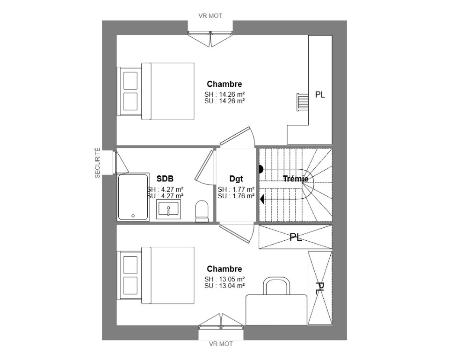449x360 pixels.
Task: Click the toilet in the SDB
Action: click(x=202, y=211)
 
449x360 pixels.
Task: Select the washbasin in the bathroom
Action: click(x=168, y=209)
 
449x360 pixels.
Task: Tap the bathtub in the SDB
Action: click(x=133, y=197)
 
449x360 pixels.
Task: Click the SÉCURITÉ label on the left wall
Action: click(x=97, y=163)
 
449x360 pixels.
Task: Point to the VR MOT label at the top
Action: click(x=210, y=16)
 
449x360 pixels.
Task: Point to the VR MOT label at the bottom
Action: click(x=221, y=344)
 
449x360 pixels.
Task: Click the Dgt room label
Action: click(x=236, y=179)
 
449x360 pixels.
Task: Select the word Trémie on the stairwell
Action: click(x=296, y=179)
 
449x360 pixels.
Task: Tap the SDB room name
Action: click(x=165, y=179)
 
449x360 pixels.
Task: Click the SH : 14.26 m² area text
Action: click(x=224, y=94)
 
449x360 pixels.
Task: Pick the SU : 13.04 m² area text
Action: click(x=224, y=286)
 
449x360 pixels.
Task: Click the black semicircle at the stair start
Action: click(x=261, y=169)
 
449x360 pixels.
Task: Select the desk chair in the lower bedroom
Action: click(x=276, y=286)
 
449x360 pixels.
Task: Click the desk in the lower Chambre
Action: click(x=276, y=310)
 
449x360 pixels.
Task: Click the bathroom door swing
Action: click(x=204, y=167)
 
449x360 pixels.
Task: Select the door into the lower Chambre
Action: click(x=237, y=233)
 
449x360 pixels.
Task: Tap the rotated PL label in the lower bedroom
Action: click(x=320, y=288)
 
